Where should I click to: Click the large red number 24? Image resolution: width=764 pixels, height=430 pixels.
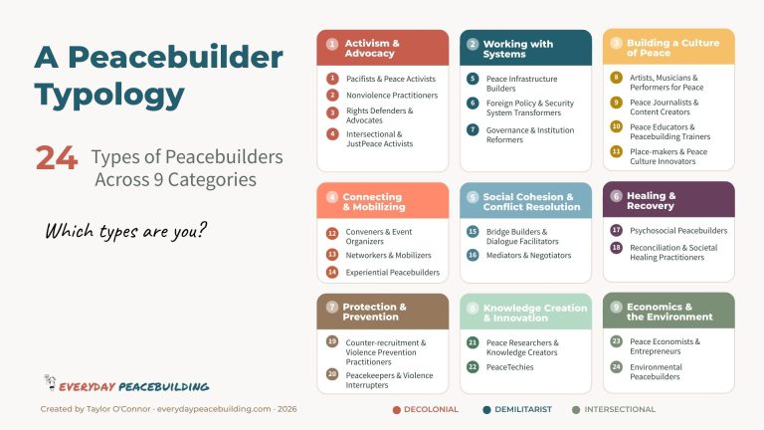tap(56, 158)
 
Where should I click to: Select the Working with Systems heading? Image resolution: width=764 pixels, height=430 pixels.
tap(517, 48)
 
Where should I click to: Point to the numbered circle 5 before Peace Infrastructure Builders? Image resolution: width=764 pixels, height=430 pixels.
tap(473, 79)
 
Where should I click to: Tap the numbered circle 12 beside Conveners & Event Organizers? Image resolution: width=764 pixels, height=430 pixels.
tap(333, 233)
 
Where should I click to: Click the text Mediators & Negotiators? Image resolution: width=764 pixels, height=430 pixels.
tap(528, 256)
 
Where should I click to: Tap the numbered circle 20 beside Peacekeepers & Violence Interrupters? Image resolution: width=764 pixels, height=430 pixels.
tap(333, 374)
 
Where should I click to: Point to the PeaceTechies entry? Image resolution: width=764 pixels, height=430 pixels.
tap(511, 367)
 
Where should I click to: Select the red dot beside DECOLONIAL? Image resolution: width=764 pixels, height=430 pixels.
tap(397, 409)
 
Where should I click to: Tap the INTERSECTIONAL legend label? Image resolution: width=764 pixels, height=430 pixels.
tap(621, 409)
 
